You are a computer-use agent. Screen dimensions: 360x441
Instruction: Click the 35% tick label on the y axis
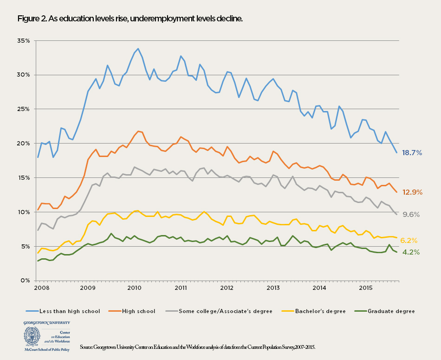[24, 41]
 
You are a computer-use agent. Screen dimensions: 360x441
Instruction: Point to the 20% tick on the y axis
[24, 144]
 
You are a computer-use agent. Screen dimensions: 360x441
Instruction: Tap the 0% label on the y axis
[26, 281]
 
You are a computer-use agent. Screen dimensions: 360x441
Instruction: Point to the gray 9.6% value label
[411, 215]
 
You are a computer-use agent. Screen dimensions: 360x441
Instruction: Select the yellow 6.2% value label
[409, 241]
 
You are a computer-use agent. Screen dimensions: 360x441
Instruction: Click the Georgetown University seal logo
[32, 335]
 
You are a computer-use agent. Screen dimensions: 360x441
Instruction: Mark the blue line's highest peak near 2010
[138, 48]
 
